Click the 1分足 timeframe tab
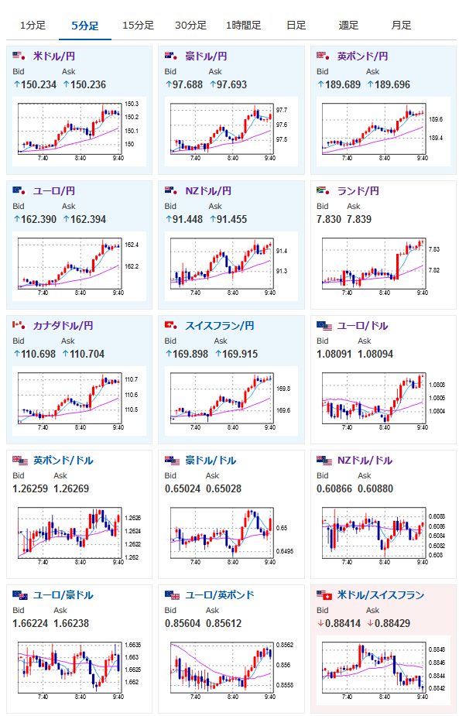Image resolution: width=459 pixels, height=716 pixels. [33, 26]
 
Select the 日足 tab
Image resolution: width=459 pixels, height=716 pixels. [296, 26]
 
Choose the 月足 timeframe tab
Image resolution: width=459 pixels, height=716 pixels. [401, 26]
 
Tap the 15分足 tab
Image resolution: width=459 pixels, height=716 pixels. [139, 26]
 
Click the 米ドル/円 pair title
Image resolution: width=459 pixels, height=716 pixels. [54, 57]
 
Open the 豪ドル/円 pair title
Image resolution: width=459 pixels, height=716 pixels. [206, 57]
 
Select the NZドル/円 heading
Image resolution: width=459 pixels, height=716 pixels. [208, 191]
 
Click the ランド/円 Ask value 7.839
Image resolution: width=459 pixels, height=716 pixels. [359, 219]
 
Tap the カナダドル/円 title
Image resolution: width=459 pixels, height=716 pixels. [63, 326]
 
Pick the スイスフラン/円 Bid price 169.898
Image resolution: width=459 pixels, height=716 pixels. [190, 354]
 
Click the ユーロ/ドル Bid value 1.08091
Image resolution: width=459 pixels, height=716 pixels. [334, 354]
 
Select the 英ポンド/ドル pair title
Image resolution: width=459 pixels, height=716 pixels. [63, 461]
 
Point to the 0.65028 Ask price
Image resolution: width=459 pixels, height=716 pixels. [224, 488]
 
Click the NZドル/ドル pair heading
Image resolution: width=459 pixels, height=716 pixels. [365, 461]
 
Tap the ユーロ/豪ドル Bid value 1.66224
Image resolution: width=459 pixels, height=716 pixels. [30, 623]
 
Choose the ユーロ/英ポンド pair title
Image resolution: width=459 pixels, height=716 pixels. [220, 595]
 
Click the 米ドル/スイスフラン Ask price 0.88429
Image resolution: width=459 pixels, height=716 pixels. [392, 623]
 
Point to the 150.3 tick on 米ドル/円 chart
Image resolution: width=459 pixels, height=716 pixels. [132, 104]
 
